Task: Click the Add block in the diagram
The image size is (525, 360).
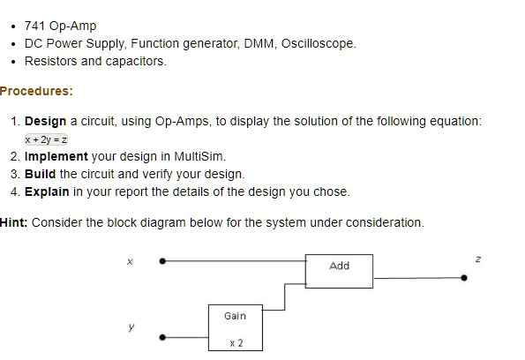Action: tap(339, 271)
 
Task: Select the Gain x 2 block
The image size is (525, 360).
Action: tap(236, 328)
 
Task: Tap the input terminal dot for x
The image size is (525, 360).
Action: tap(162, 261)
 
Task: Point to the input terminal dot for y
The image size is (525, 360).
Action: tap(162, 337)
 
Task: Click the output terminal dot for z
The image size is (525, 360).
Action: tap(464, 278)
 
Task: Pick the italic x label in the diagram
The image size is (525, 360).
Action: tap(130, 261)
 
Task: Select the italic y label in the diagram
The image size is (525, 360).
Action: tap(131, 326)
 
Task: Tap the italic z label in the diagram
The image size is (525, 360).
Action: tap(478, 259)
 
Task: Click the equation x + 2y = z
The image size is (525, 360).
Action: tap(46, 139)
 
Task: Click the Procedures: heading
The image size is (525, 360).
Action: tap(36, 91)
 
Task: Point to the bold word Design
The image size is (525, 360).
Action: tap(46, 121)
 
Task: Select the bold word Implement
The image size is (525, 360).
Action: tap(56, 157)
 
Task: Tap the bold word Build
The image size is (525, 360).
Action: tap(41, 174)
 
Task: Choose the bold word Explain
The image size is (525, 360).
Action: tap(47, 191)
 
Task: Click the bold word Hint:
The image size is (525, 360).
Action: tap(14, 222)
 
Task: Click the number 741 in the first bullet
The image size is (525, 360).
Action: tap(35, 26)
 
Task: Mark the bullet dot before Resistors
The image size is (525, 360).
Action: tap(13, 62)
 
